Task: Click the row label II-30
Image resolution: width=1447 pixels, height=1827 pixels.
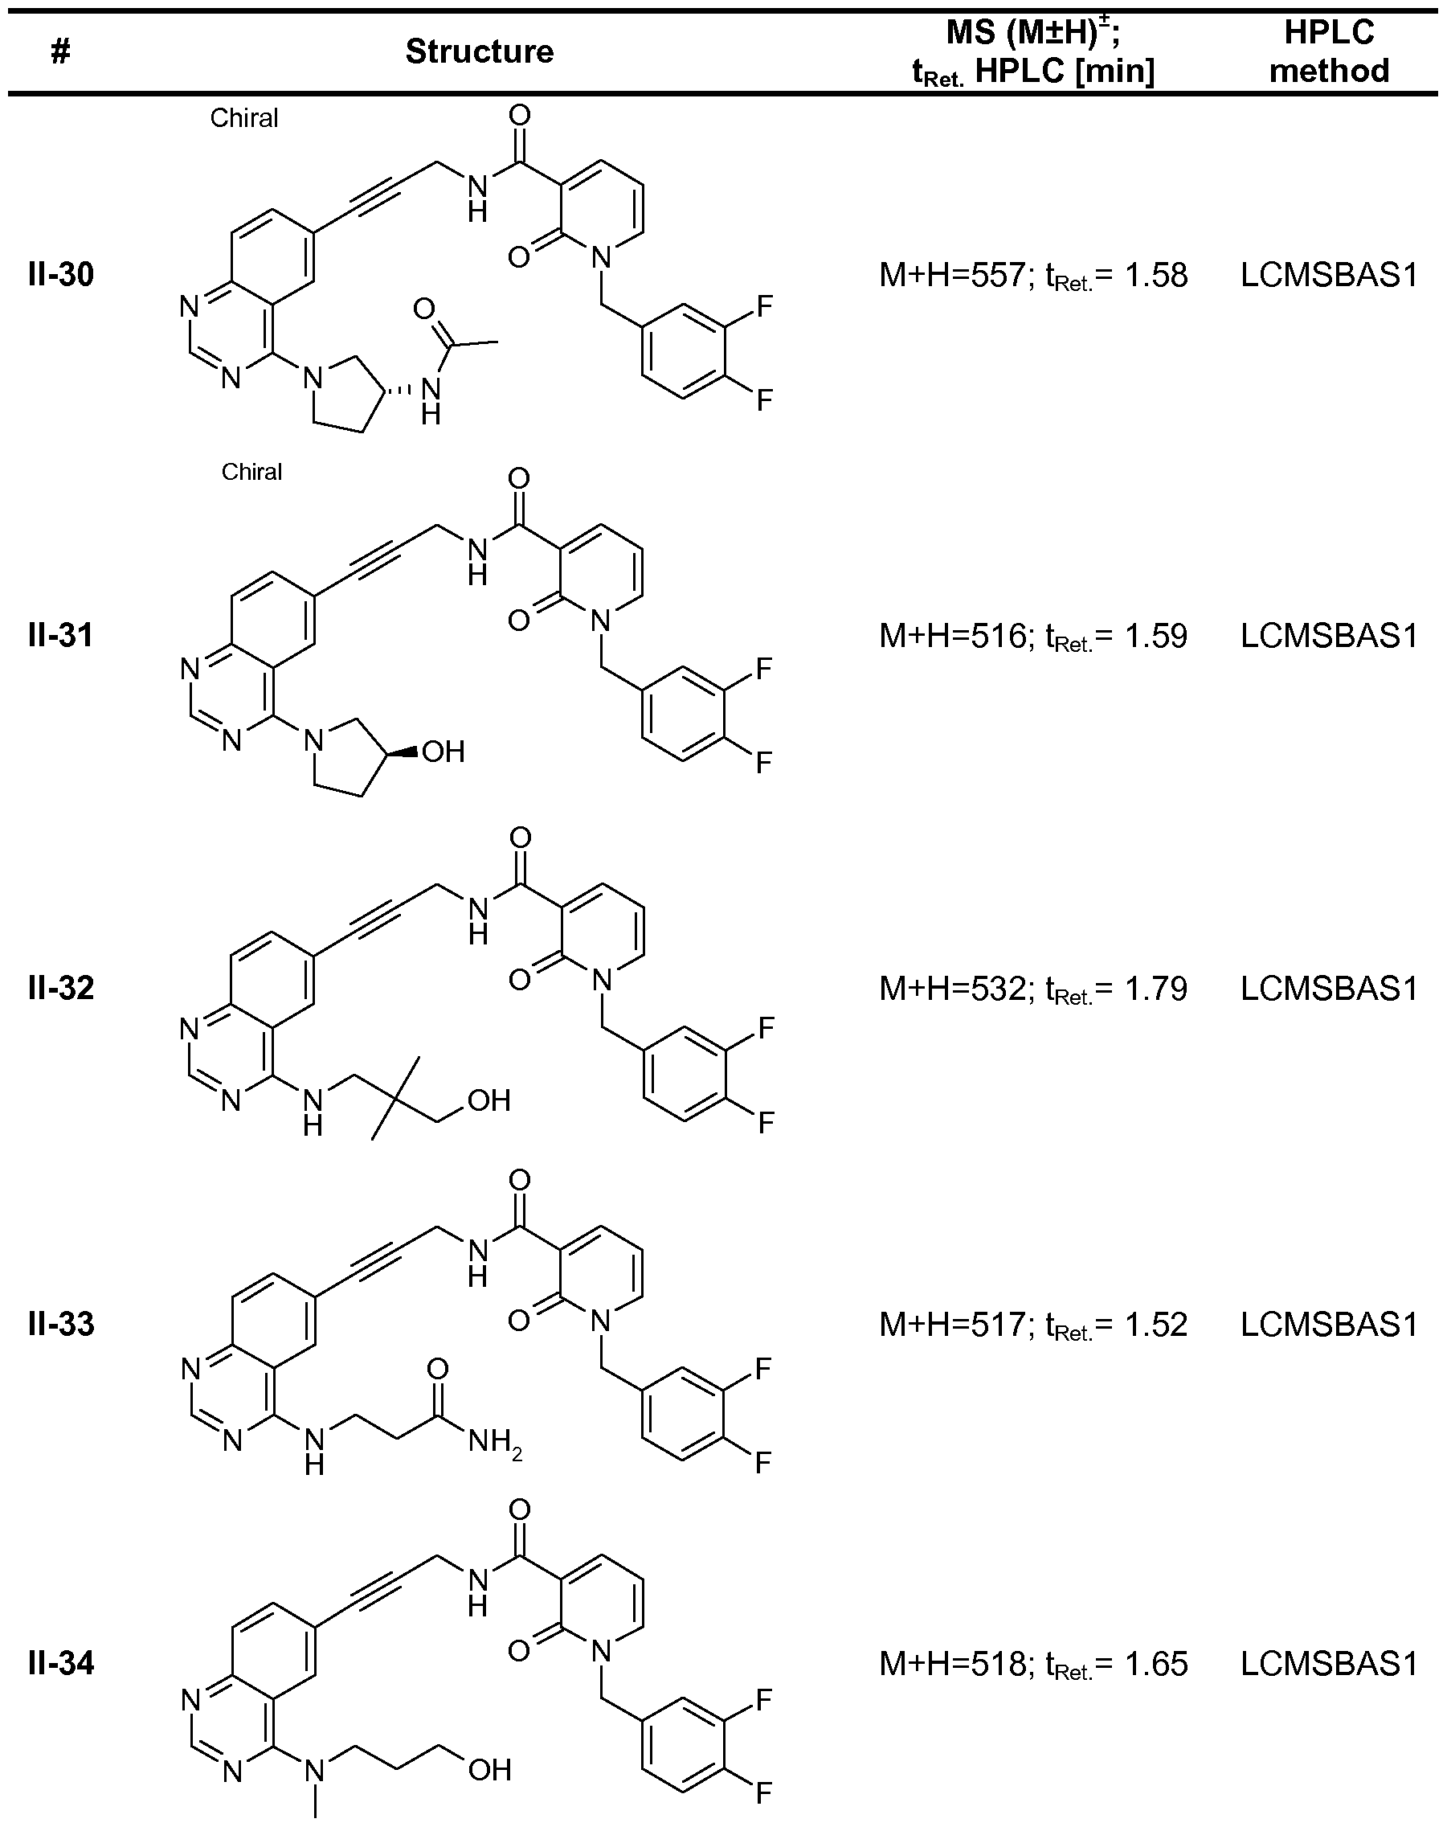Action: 61,275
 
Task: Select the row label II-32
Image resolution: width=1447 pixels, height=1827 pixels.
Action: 61,988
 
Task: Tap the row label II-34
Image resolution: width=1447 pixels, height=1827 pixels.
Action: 61,1664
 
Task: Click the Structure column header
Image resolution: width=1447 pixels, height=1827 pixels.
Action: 480,51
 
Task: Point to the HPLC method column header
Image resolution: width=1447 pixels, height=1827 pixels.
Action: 1328,51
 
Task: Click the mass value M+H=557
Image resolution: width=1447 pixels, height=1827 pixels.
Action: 951,276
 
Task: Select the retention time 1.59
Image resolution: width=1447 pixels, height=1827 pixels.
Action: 1155,636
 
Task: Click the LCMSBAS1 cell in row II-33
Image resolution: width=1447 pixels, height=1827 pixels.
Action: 1328,1325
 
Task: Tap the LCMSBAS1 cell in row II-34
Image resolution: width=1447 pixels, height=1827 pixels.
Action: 1328,1665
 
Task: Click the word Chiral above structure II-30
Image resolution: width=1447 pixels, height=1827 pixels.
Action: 244,118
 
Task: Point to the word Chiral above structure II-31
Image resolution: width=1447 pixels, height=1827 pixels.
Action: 251,472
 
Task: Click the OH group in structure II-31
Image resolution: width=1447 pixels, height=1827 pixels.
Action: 443,752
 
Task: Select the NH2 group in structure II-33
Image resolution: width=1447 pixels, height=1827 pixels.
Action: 495,1441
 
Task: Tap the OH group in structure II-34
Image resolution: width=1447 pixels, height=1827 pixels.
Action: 489,1769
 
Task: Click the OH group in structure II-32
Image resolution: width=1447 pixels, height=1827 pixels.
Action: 489,1100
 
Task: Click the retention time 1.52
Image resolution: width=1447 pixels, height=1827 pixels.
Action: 1155,1325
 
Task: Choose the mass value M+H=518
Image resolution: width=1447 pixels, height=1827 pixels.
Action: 951,1665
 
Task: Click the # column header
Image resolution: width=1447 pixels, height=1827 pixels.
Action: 60,52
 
